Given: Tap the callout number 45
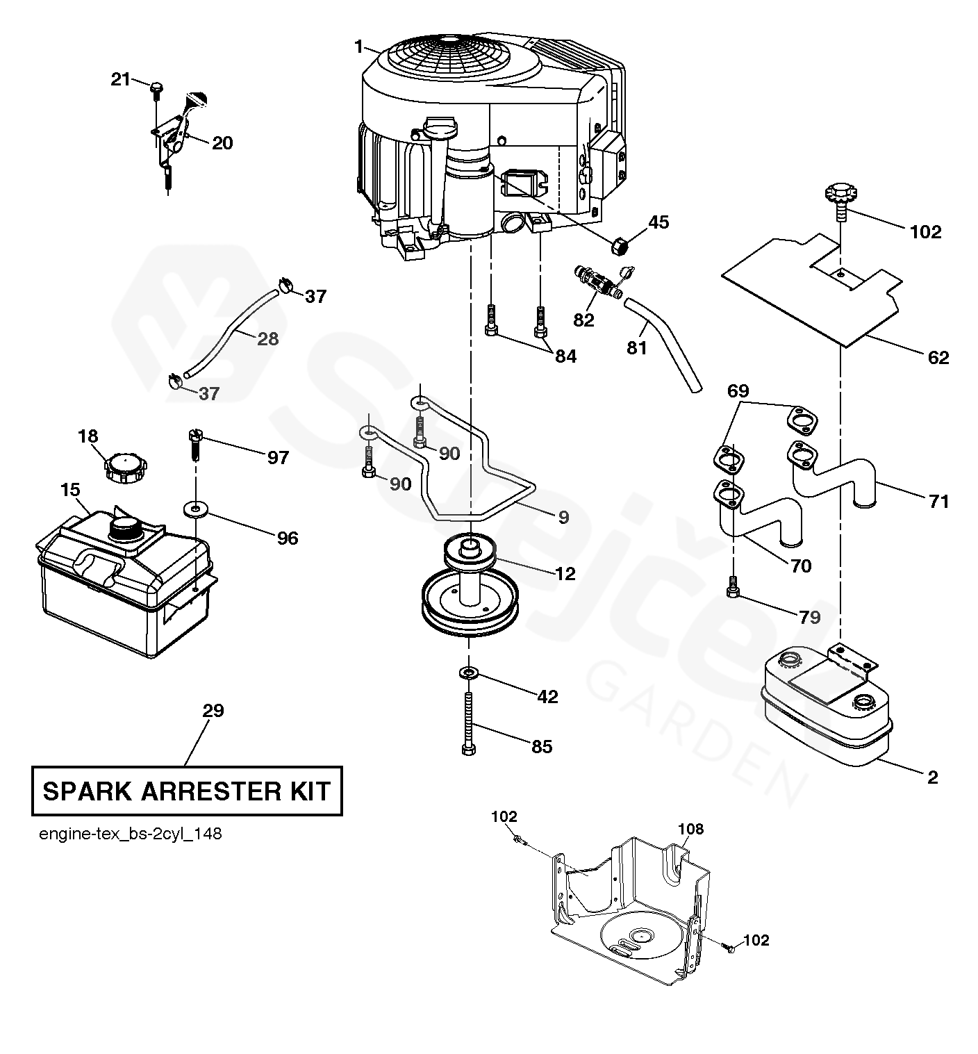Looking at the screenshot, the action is (658, 222).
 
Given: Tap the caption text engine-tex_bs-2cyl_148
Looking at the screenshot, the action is (131, 834).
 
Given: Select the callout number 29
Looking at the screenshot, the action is (213, 710).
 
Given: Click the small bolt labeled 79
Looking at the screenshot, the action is (733, 588).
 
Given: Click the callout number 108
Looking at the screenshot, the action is (691, 828).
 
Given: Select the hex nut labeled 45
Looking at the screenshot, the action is (620, 247).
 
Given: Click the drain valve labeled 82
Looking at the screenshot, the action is (597, 280).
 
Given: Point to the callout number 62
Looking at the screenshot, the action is (938, 357).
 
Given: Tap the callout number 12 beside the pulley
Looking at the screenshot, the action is (565, 574).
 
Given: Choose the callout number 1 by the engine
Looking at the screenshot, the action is (358, 47).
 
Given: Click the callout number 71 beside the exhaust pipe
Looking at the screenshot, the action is (938, 502).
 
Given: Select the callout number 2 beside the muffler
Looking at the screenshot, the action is (933, 777).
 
